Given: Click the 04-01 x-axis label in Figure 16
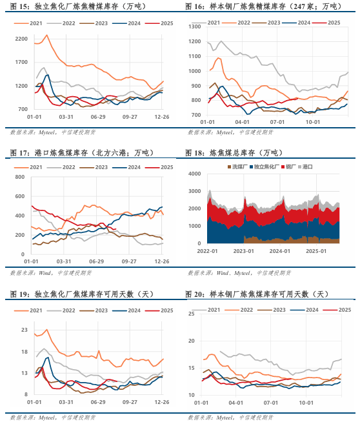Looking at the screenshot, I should coord(243,121).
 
